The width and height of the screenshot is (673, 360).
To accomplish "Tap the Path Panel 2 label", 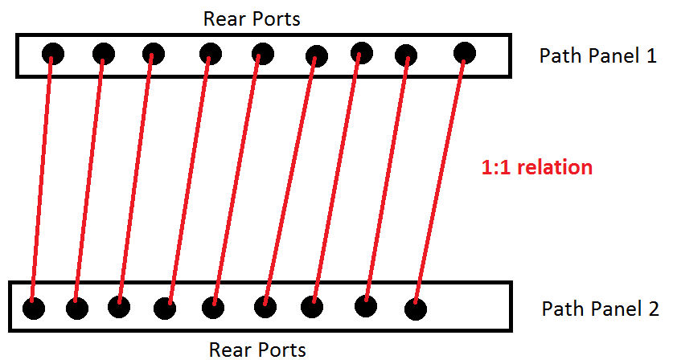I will [600, 309].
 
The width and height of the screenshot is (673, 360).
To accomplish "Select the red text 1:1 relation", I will [536, 167].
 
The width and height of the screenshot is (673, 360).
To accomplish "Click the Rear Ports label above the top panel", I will [252, 19].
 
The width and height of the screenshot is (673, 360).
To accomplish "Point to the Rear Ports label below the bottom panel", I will [257, 349].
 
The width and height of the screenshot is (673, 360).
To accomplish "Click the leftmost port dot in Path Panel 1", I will [53, 54].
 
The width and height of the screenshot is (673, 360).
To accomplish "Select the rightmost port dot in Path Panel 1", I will [465, 53].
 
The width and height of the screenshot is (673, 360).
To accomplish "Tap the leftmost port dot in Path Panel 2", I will [33, 308].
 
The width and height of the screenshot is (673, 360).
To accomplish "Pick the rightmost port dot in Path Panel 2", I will [415, 309].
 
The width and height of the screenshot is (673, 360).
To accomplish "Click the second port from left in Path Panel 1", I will [104, 54].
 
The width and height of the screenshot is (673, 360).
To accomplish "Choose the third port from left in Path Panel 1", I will [154, 54].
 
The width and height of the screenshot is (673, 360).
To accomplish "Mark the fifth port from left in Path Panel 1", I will [261, 54].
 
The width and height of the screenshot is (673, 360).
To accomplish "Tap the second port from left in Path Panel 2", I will [76, 308].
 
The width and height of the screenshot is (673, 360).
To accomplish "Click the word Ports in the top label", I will [277, 19].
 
